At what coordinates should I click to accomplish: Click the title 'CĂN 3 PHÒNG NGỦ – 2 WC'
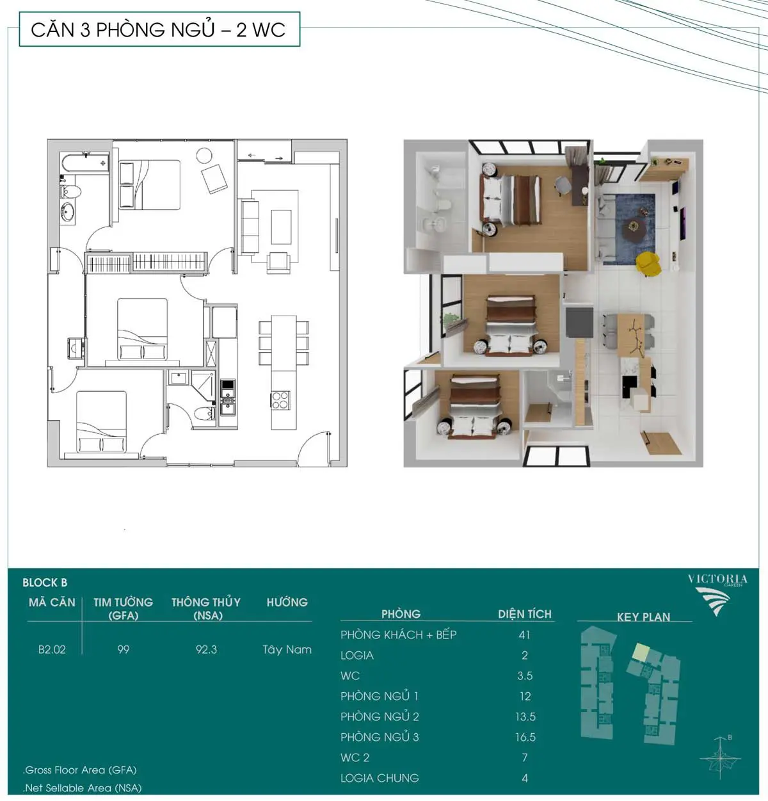click(158, 29)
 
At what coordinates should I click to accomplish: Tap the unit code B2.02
click(52, 649)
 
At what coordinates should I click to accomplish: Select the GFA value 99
click(124, 649)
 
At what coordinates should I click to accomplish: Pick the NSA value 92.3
click(206, 649)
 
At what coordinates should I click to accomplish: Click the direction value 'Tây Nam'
click(287, 649)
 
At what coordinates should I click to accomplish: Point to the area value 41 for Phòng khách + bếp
click(524, 635)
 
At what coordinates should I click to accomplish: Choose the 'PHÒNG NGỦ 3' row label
click(380, 737)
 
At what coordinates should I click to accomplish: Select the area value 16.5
click(525, 737)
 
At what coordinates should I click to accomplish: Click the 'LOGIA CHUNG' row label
click(380, 778)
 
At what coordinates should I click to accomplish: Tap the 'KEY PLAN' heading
click(643, 617)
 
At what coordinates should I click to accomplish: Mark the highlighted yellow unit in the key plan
click(641, 652)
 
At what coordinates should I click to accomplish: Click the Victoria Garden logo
click(717, 595)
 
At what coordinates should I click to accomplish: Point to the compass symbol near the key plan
click(720, 758)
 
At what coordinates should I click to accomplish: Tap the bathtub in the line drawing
click(84, 164)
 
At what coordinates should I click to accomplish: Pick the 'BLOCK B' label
click(45, 583)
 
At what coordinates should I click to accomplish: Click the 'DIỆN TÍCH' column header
click(524, 614)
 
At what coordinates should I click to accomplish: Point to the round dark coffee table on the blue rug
click(634, 230)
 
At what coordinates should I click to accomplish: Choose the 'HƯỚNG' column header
click(287, 602)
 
